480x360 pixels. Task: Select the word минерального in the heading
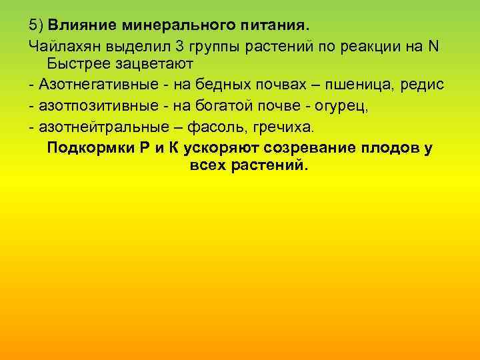(x=165, y=26)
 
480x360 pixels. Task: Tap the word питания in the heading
(x=269, y=26)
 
